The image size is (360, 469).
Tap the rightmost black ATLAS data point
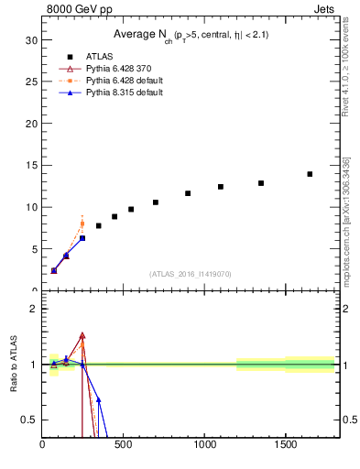[310, 174]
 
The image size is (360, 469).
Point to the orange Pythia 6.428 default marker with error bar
[82, 224]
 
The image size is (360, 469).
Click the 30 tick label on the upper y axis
[31, 40]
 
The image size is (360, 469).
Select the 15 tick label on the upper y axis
[31, 166]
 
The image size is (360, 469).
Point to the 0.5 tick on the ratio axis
[29, 420]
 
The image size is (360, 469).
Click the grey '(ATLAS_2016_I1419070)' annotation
[190, 274]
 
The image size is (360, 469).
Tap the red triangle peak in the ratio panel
[82, 335]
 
